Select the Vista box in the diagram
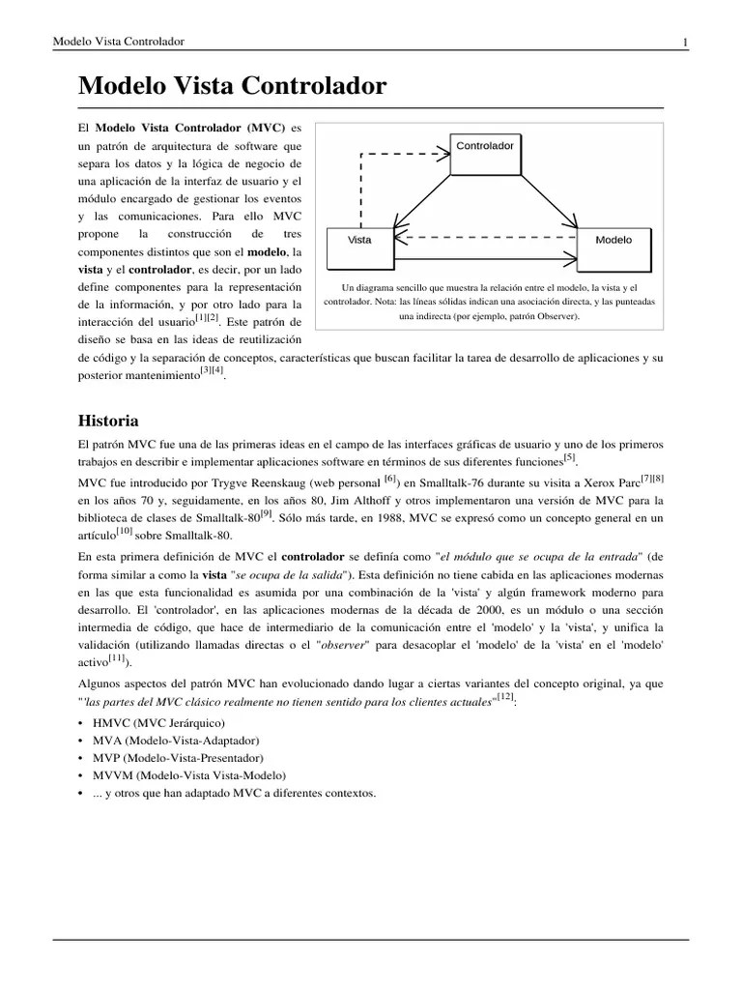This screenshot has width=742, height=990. click(360, 247)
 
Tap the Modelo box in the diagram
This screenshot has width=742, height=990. click(614, 247)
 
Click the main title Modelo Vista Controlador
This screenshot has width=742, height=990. click(232, 86)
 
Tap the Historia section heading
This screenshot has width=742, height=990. click(108, 421)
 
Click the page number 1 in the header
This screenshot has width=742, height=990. click(685, 42)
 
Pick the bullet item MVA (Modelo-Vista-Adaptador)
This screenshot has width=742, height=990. click(169, 741)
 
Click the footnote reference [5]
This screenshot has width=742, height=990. click(569, 457)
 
